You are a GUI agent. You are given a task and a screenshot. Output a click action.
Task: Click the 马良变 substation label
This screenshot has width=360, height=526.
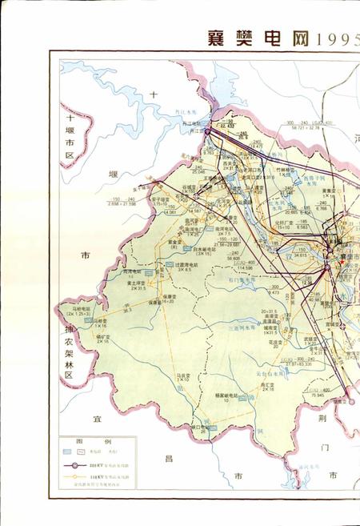coord(185,375)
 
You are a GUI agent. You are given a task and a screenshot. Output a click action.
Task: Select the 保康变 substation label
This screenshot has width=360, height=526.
coord(169,298)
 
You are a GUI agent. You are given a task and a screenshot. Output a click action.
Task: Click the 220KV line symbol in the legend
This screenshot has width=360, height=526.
coord(78,464)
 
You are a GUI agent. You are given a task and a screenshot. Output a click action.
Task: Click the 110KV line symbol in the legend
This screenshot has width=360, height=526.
coord(78,479)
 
